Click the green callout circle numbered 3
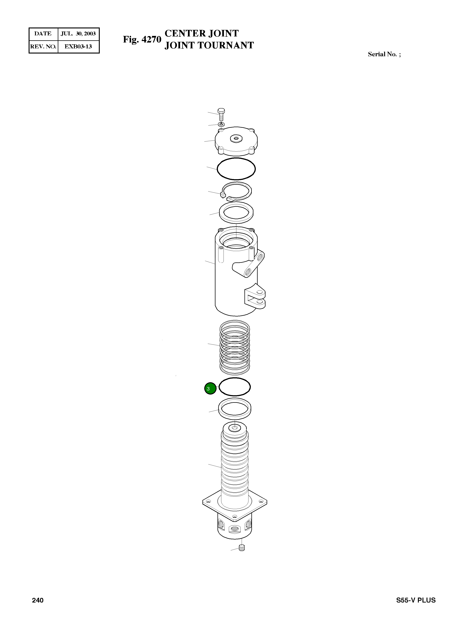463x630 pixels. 210,388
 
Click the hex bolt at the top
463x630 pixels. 221,114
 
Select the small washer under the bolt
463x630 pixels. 221,124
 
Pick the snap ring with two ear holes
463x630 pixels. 236,191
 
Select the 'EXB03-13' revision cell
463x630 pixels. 78,47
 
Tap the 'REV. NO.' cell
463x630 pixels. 43,47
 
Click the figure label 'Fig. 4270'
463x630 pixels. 142,39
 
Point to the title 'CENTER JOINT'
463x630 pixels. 202,33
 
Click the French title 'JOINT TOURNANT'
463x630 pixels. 209,45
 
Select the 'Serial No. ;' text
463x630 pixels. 384,54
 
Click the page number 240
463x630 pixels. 38,600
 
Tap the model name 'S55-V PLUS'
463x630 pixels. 416,600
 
